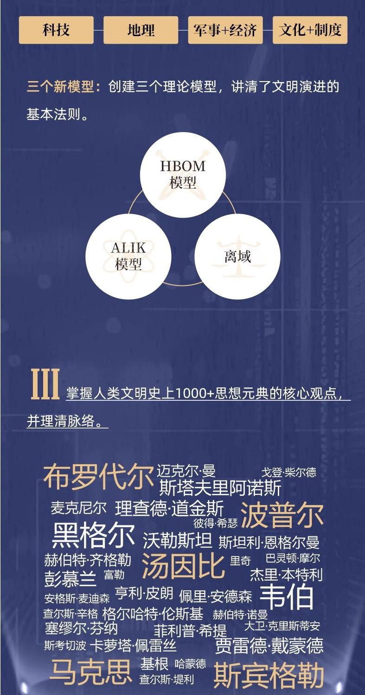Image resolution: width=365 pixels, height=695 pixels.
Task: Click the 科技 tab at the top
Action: click(56, 30)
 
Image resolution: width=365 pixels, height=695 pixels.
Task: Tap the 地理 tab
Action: click(141, 30)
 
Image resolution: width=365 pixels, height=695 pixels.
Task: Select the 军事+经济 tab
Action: click(225, 30)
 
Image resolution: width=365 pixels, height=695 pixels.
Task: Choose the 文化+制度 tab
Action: click(310, 30)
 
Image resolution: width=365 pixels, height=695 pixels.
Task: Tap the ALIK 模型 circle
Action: click(128, 256)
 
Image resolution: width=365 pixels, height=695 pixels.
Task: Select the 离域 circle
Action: click(237, 256)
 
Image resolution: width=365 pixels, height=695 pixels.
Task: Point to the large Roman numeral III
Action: click(45, 384)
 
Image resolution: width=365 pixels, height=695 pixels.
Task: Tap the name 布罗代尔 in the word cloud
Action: click(98, 477)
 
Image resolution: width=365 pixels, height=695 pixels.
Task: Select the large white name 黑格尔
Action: click(93, 536)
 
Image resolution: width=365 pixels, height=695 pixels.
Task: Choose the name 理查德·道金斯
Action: click(169, 508)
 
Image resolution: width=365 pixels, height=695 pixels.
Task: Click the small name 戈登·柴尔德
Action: click(288, 472)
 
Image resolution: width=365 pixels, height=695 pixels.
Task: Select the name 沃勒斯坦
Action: click(177, 540)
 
